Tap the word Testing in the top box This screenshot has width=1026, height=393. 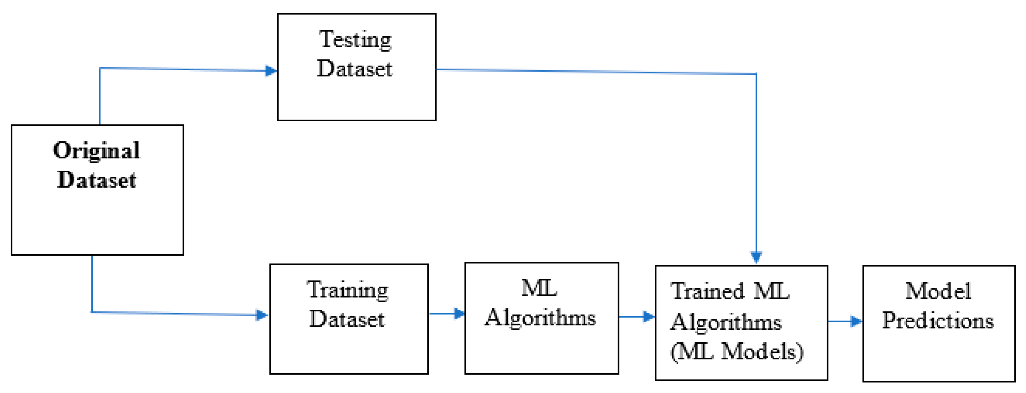pyautogui.click(x=355, y=40)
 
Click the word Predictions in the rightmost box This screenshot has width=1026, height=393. pyautogui.click(x=938, y=320)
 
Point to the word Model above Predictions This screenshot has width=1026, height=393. pyautogui.click(x=938, y=291)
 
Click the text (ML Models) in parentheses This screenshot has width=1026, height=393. pyautogui.click(x=737, y=352)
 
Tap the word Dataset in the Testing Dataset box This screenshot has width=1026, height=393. pyautogui.click(x=355, y=68)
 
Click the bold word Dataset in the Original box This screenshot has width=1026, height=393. pyautogui.click(x=96, y=180)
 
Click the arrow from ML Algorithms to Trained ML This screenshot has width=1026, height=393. pyautogui.click(x=636, y=317)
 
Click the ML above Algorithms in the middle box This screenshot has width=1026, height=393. pyautogui.click(x=539, y=288)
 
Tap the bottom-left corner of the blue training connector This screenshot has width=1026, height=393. pyautogui.click(x=92, y=312)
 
